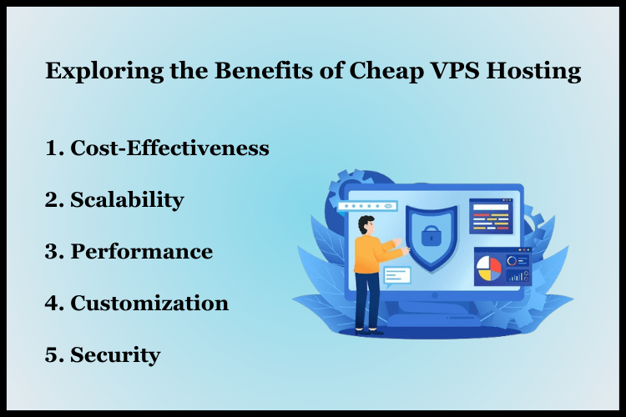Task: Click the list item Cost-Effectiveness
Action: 169,148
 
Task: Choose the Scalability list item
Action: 127,200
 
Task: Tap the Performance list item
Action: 141,252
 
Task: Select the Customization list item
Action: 149,304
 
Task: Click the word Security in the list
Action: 115,355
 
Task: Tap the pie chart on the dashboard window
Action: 489,269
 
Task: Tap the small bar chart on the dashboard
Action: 517,274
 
